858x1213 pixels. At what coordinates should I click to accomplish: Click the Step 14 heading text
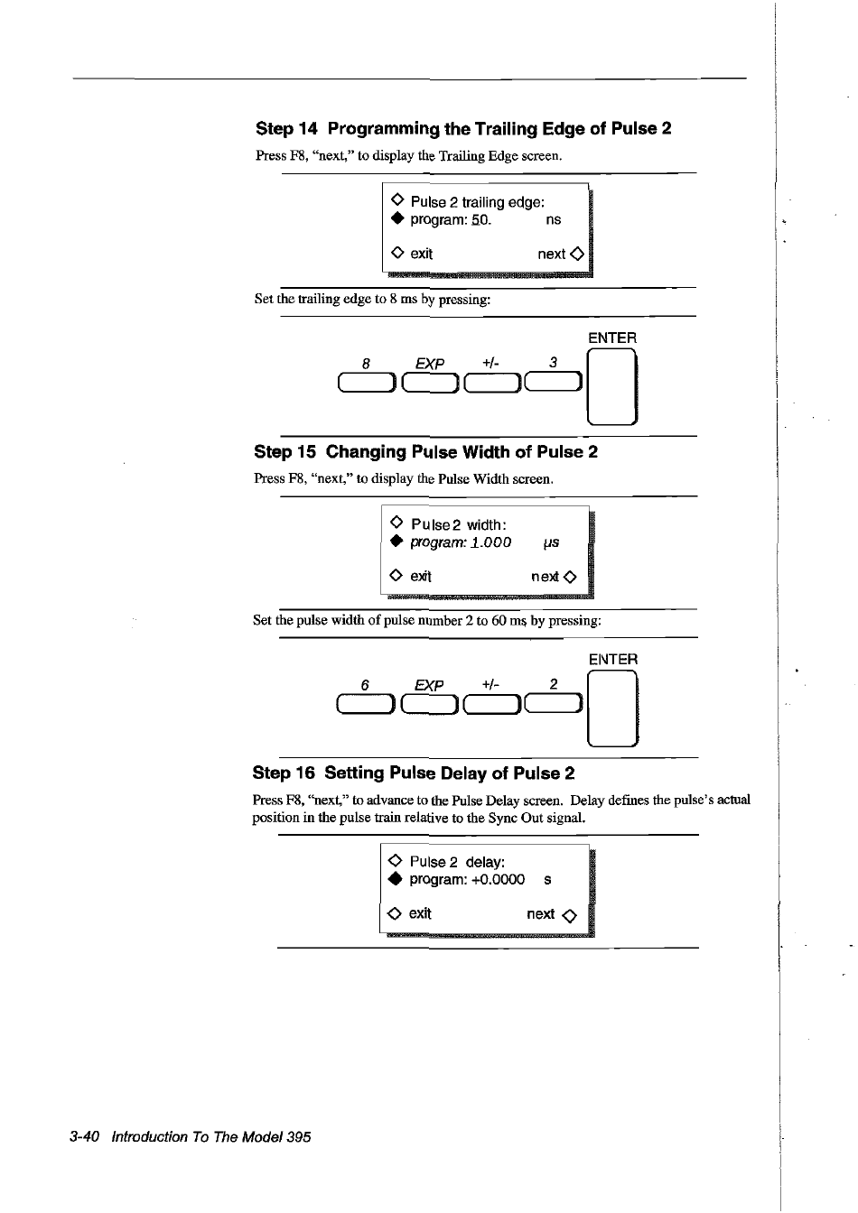pyautogui.click(x=463, y=129)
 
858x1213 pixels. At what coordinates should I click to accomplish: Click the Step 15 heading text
pyautogui.click(x=425, y=452)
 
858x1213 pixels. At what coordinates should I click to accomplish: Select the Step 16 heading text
pyautogui.click(x=414, y=773)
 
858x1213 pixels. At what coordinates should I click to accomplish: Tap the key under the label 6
pyautogui.click(x=366, y=706)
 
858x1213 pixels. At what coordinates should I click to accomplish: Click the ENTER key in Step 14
pyautogui.click(x=612, y=387)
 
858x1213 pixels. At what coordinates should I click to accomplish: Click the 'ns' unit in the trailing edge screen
pyautogui.click(x=554, y=219)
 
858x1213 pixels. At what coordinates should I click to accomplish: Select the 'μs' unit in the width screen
pyautogui.click(x=551, y=542)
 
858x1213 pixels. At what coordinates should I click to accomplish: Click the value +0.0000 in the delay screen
pyautogui.click(x=498, y=880)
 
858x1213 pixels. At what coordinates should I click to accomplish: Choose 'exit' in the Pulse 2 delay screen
pyautogui.click(x=420, y=913)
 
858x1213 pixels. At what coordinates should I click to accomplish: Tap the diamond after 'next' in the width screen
pyautogui.click(x=570, y=577)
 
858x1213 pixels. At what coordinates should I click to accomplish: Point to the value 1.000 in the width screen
pyautogui.click(x=492, y=542)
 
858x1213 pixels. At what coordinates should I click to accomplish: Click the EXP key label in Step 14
pyautogui.click(x=430, y=364)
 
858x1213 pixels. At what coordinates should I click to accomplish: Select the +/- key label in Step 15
pyautogui.click(x=490, y=685)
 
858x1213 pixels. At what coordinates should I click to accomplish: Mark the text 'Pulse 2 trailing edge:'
pyautogui.click(x=477, y=202)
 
